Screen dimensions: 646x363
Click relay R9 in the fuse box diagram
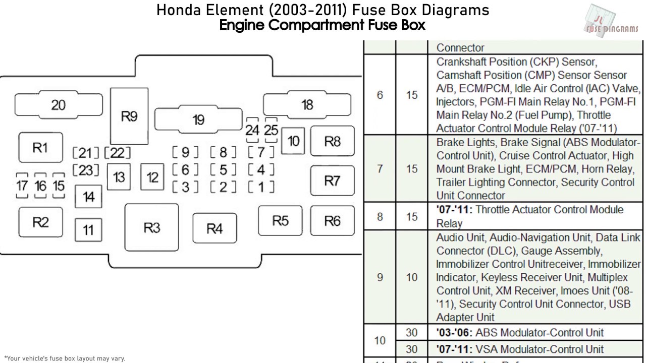click(x=129, y=116)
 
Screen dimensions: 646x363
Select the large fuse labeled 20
click(x=58, y=105)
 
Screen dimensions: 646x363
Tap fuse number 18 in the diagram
click(x=307, y=104)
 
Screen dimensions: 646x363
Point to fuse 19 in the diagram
click(x=198, y=120)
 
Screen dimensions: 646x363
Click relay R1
click(x=40, y=148)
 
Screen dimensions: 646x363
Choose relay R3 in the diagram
click(x=151, y=227)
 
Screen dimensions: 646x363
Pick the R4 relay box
click(x=214, y=229)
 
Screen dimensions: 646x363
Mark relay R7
click(x=332, y=180)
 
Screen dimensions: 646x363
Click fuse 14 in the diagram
click(x=88, y=197)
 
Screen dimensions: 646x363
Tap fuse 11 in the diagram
click(x=88, y=230)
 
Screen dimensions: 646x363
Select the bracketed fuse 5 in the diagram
click(x=224, y=170)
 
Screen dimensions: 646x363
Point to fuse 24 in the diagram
click(x=252, y=130)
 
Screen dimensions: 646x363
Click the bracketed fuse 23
click(x=86, y=170)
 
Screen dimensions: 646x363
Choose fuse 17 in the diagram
click(x=22, y=186)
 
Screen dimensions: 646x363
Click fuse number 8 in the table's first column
click(x=380, y=217)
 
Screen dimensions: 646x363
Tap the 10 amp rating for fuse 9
click(x=412, y=277)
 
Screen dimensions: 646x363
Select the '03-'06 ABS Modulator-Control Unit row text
click(x=520, y=333)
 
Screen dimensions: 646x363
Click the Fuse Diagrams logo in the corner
click(x=611, y=20)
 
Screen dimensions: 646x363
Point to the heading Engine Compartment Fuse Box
click(x=322, y=25)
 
